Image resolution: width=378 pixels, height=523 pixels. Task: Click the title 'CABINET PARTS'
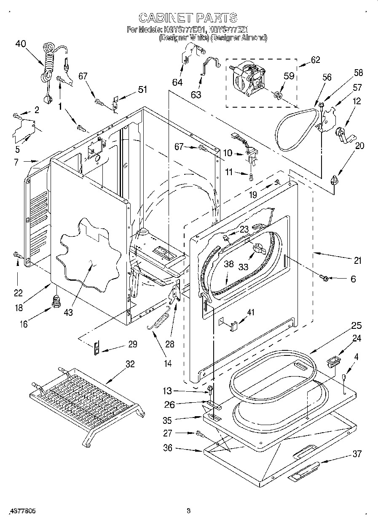[x=188, y=17]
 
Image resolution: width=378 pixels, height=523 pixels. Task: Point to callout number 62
[x=315, y=60]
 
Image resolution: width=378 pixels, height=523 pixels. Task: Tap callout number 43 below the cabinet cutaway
[x=68, y=312]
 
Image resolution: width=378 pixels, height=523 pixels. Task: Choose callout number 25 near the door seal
[x=357, y=325]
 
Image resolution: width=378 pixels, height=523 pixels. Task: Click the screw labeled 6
[x=324, y=277]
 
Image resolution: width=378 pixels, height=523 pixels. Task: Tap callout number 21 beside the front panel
[x=357, y=260]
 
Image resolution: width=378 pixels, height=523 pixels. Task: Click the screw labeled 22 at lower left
[x=17, y=255]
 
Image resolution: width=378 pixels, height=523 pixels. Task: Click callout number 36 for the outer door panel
[x=168, y=448]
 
